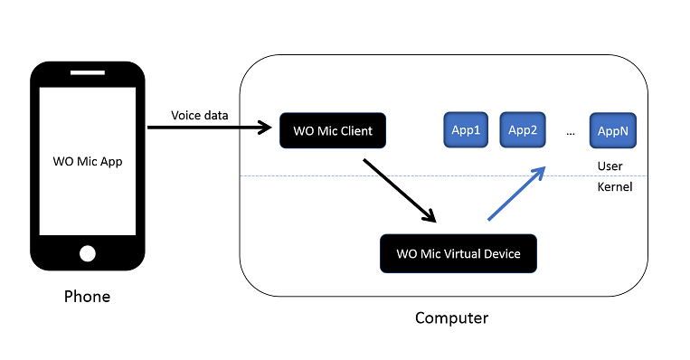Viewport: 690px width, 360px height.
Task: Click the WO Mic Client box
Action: [x=332, y=131]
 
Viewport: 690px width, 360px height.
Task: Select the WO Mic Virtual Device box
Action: [x=458, y=253]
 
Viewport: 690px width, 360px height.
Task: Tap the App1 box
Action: [x=465, y=130]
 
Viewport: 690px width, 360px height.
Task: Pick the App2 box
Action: [x=523, y=130]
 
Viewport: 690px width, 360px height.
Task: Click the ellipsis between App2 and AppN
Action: [x=570, y=132]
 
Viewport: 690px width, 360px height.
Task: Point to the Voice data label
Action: [x=200, y=115]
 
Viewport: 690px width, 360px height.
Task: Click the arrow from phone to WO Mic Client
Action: [x=208, y=128]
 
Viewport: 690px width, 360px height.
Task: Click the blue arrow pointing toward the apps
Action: [x=516, y=193]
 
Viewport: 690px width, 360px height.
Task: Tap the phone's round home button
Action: [x=88, y=252]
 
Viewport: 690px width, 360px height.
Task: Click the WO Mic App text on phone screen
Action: [x=87, y=162]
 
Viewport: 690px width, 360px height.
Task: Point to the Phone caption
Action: [x=87, y=297]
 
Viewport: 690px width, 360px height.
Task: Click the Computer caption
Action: [x=451, y=317]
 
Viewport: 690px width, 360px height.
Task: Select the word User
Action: [x=610, y=166]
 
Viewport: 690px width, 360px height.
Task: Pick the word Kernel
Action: [x=614, y=187]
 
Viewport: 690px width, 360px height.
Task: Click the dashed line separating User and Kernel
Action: [x=362, y=175]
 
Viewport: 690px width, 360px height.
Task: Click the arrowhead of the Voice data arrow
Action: [x=267, y=128]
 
